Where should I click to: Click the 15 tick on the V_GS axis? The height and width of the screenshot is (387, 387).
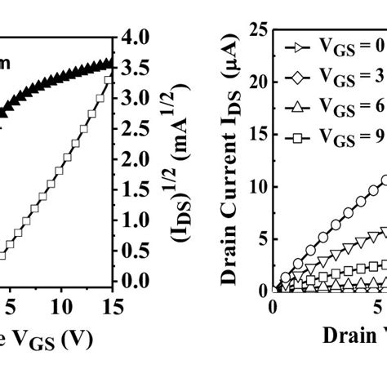click(x=114, y=305)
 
